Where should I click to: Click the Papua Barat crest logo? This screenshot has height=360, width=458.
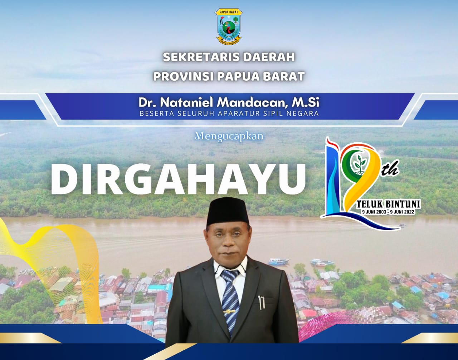tap(229, 26)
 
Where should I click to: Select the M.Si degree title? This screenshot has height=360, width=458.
tap(306, 103)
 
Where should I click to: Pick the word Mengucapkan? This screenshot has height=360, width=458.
tap(229, 137)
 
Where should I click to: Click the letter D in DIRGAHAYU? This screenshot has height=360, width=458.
tap(64, 179)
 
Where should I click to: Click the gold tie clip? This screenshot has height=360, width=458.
tap(229, 312)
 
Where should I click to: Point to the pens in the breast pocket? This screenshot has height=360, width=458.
tap(262, 302)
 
